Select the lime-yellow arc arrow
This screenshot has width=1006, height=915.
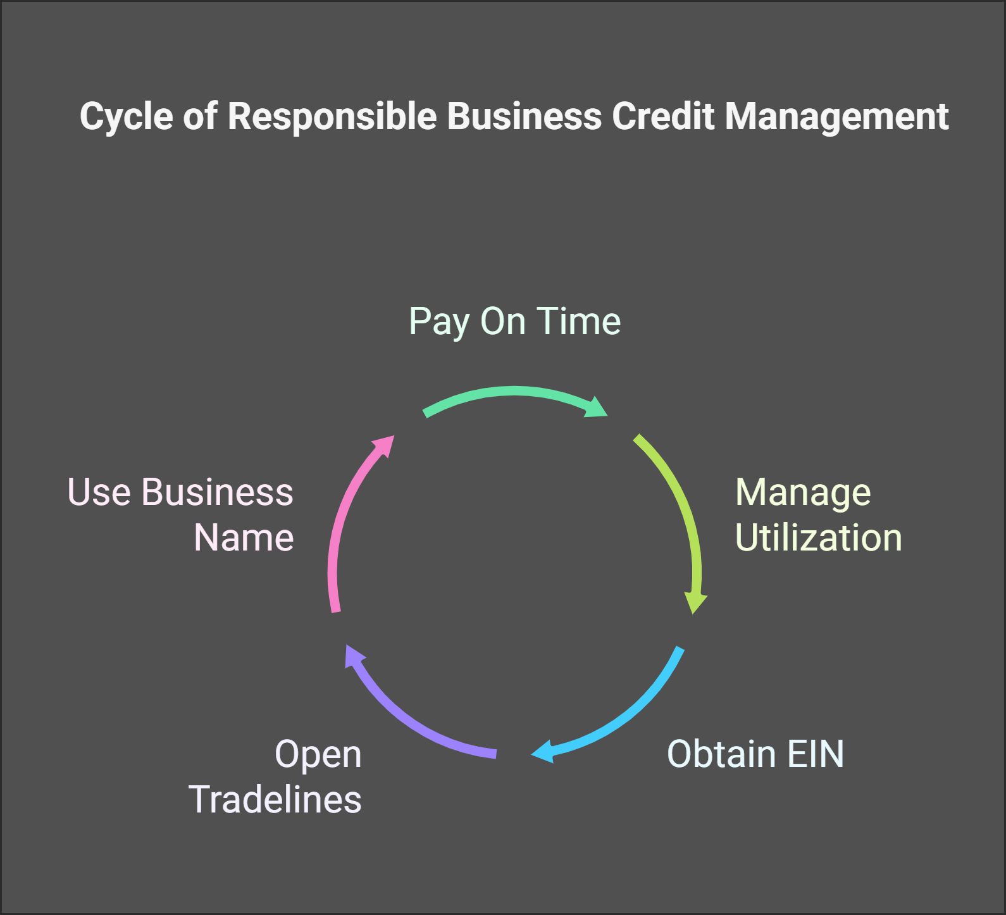click(x=680, y=506)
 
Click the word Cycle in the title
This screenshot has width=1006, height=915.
click(x=126, y=117)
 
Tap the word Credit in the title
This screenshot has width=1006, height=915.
click(x=663, y=117)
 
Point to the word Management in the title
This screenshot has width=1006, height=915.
click(x=836, y=117)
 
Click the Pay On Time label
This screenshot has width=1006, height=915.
click(x=514, y=321)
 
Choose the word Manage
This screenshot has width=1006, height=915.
click(x=803, y=493)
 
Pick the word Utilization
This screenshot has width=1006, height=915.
click(x=818, y=538)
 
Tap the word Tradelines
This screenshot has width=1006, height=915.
click(x=275, y=799)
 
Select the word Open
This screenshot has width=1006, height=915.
click(x=318, y=755)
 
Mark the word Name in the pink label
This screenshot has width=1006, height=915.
click(x=244, y=538)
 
